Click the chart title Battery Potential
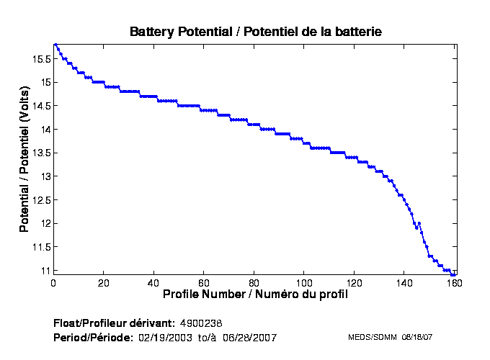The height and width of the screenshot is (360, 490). point(255,32)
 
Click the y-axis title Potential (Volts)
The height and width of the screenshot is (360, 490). point(24,159)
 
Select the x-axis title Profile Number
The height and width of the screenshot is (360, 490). point(255,294)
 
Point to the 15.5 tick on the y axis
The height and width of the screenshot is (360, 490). point(41,59)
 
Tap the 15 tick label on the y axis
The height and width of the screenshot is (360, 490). point(45,83)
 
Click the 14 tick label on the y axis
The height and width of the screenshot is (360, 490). point(45,130)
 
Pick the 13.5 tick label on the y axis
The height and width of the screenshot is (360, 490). point(41,153)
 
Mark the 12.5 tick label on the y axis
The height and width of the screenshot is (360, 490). point(41,200)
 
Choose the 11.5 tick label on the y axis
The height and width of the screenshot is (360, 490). point(41,247)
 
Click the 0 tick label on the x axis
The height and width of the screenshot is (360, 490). point(54,282)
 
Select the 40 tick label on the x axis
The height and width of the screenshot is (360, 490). point(154,282)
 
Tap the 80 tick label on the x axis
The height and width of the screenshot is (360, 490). point(254,282)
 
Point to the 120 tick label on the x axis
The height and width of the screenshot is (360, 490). point(355,282)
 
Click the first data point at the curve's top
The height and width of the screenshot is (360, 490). point(55,45)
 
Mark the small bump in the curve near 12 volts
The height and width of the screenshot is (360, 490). point(419,224)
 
